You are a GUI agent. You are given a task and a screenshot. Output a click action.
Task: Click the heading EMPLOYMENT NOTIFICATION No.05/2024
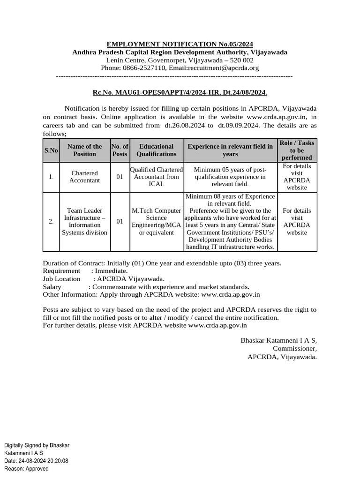(180, 44)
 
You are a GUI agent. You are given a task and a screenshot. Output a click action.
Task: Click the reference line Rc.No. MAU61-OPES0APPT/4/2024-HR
(180, 93)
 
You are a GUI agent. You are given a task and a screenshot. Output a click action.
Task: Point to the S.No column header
(51, 150)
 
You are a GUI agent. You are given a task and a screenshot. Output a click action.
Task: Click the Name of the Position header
(84, 150)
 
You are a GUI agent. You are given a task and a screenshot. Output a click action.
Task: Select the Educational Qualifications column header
(157, 150)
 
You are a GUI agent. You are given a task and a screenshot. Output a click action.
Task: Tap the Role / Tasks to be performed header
(297, 150)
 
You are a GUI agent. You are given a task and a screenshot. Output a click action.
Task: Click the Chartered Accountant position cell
(84, 177)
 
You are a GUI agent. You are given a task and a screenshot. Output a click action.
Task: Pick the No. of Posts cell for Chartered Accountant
(120, 177)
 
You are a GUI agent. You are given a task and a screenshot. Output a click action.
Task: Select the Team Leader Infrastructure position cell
(84, 222)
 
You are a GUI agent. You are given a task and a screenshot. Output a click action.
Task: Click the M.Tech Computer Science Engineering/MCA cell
(157, 222)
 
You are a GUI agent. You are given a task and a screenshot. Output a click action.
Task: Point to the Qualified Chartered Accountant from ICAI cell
(157, 177)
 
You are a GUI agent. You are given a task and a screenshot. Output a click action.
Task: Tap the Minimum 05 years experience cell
(230, 177)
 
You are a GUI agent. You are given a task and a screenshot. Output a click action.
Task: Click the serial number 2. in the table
(51, 222)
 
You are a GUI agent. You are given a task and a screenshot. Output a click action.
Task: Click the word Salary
(52, 287)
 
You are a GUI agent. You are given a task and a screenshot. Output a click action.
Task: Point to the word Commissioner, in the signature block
(295, 348)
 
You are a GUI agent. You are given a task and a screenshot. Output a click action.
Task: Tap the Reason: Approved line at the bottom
(26, 469)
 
